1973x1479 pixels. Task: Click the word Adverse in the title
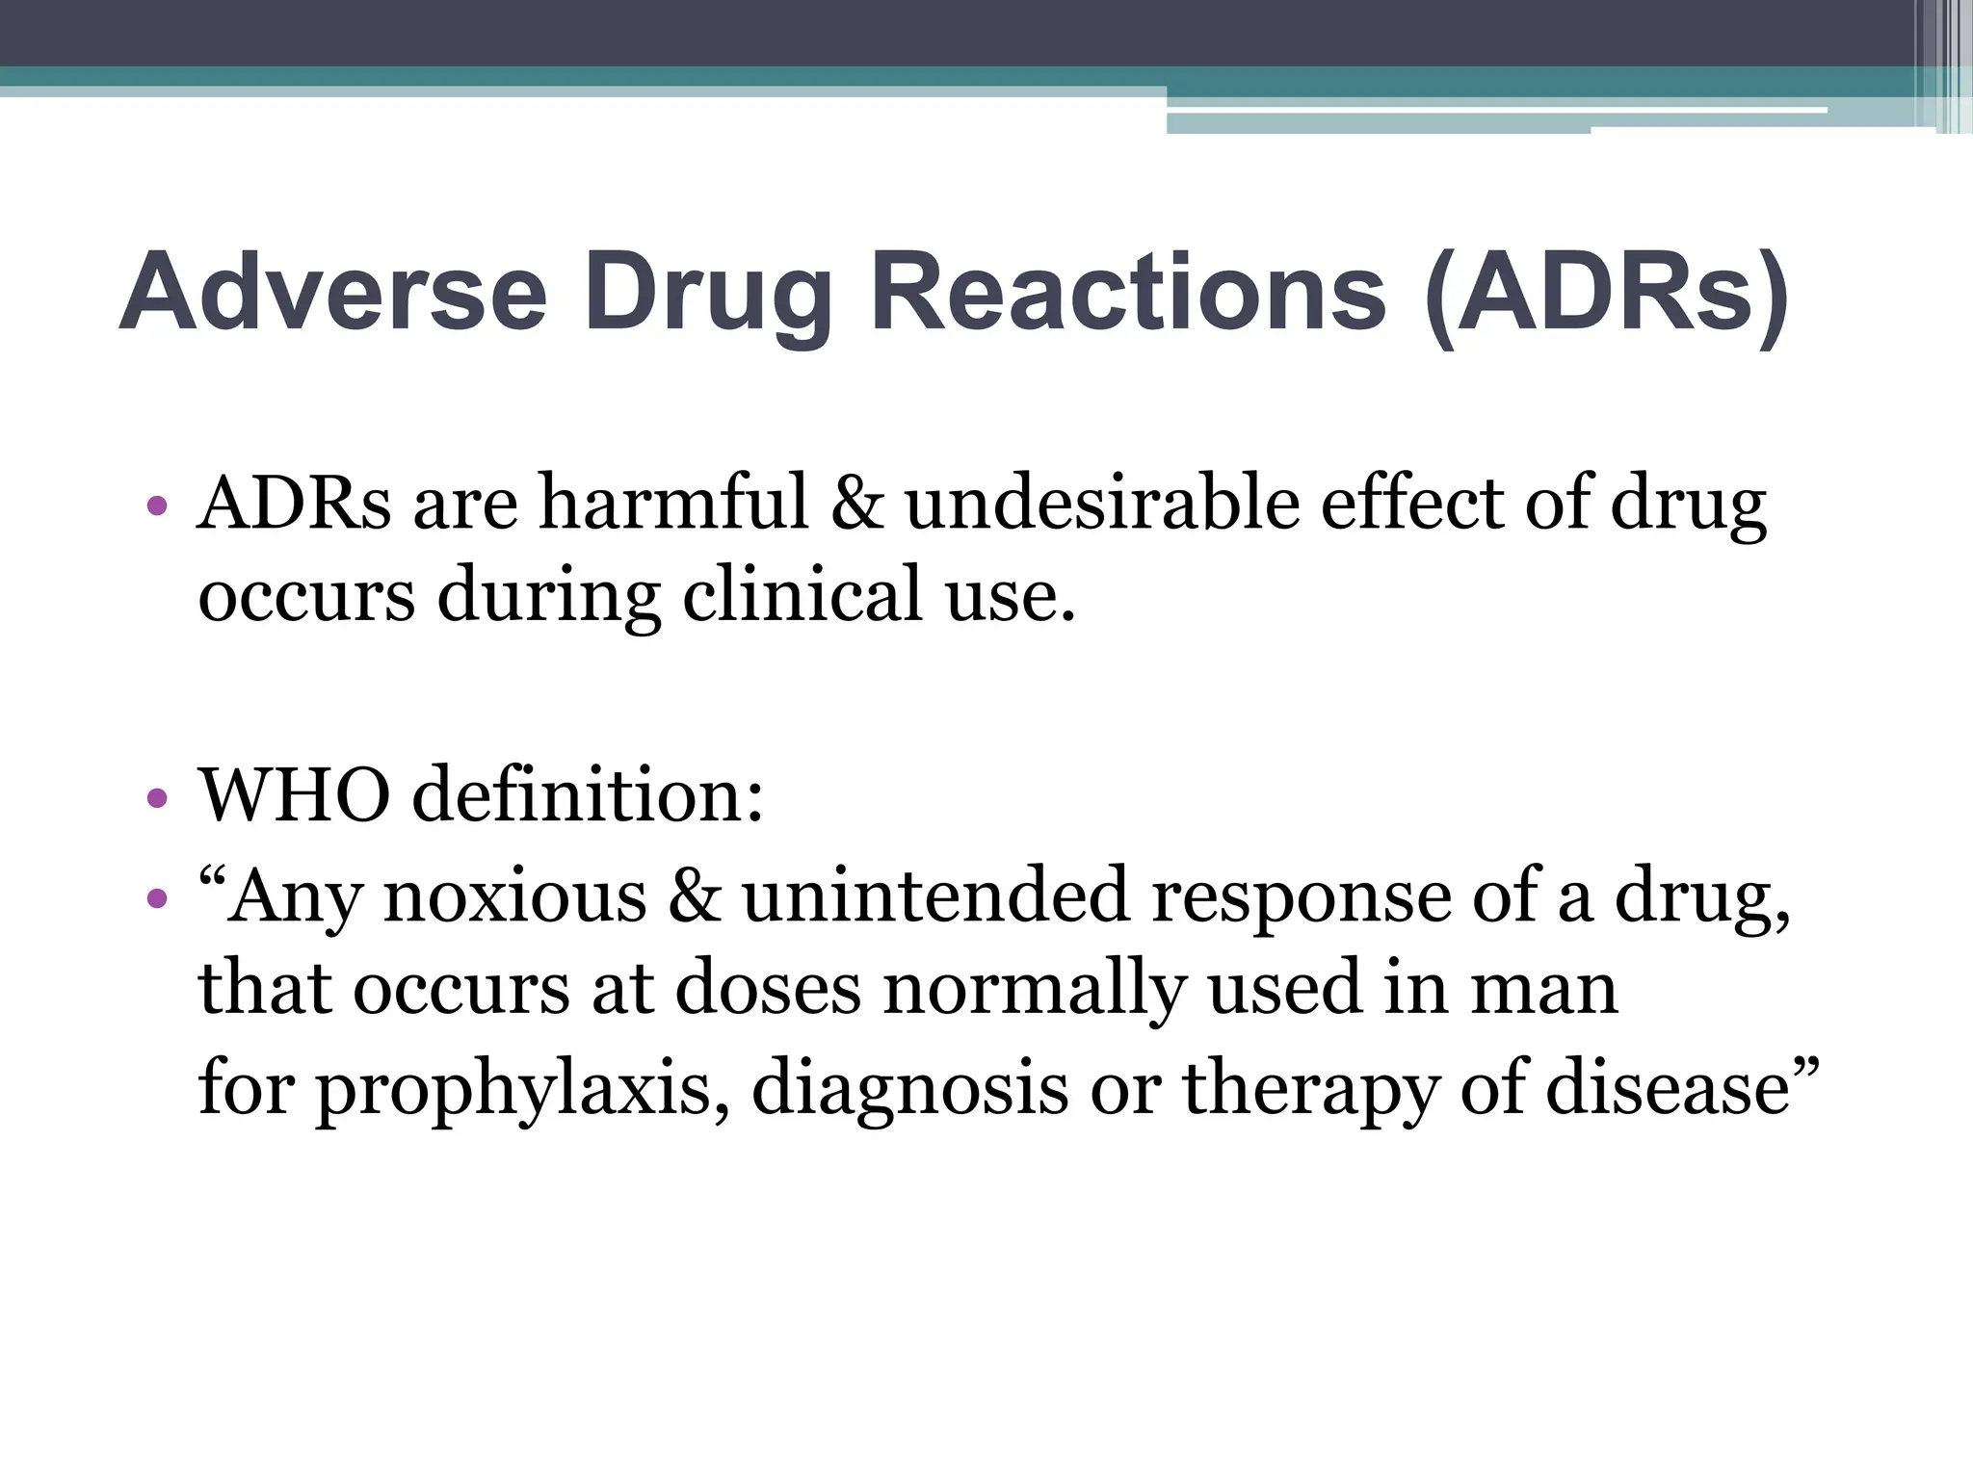(x=333, y=292)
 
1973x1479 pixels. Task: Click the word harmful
(x=673, y=503)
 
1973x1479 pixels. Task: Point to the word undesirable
(x=1101, y=503)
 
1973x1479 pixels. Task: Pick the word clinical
(x=802, y=595)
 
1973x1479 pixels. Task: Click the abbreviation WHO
(x=294, y=795)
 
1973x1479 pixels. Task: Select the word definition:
(x=588, y=795)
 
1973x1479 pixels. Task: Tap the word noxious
(x=514, y=896)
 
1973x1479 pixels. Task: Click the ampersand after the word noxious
(x=694, y=896)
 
